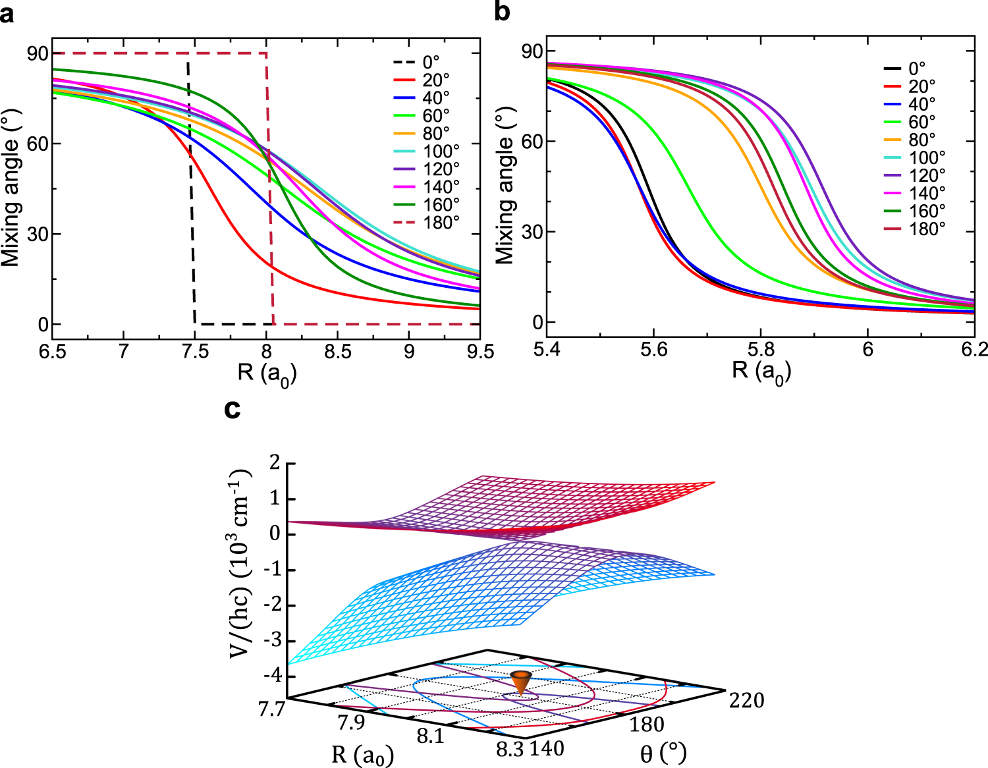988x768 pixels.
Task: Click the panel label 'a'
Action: [x=8, y=13]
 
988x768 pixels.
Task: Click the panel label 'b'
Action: [x=502, y=12]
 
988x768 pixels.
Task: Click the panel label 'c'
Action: [x=232, y=409]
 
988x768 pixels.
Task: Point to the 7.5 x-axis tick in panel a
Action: [x=194, y=352]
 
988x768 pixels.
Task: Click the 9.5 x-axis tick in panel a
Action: [x=480, y=352]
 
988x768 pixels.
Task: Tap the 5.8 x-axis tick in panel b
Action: [x=760, y=349]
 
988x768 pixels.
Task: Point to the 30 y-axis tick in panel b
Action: [x=532, y=232]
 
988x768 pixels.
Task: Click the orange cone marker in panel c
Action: [x=521, y=682]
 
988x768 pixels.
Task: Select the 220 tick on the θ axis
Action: [x=746, y=700]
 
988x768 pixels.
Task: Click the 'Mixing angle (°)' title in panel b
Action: [x=506, y=188]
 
